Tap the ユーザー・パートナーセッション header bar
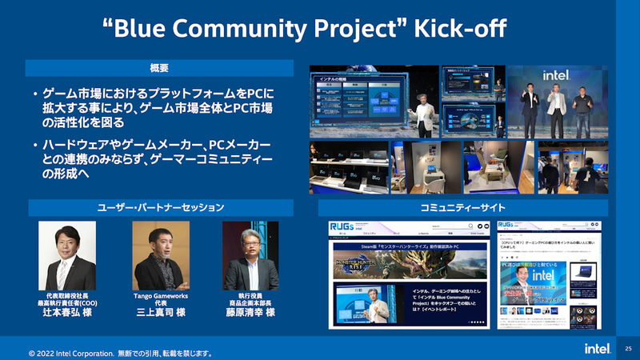pos(160,207)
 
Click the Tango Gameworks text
pos(159,295)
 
